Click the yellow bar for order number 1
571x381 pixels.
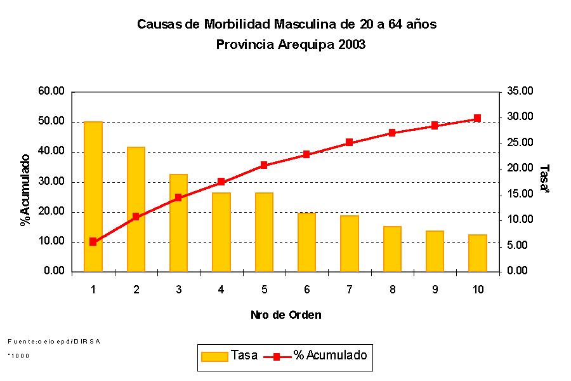93,196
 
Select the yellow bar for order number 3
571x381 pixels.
178,222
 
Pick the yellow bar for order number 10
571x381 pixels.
477,253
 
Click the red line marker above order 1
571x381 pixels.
93,241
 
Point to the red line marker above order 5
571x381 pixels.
264,165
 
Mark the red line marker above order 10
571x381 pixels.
477,118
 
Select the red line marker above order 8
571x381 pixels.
392,133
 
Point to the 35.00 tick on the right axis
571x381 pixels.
520,91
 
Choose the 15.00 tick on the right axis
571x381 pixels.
520,194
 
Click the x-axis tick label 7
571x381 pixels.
349,290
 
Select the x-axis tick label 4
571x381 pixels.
221,290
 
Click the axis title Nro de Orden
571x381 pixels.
285,315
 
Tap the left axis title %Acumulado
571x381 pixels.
25,189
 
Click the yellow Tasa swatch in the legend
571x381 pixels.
214,356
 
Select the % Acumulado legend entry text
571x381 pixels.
330,356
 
